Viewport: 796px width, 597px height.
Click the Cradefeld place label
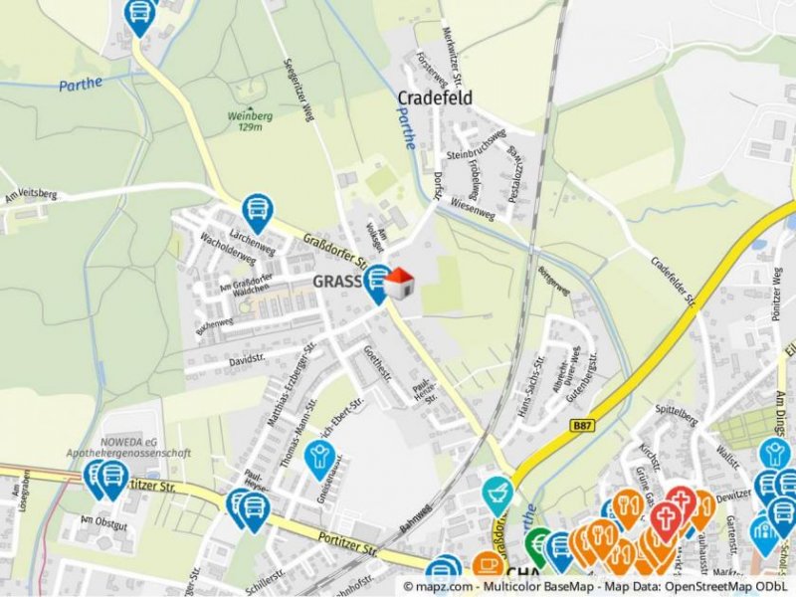pos(435,99)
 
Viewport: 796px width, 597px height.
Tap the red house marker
pos(399,284)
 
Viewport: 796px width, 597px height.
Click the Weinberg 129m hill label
pos(250,120)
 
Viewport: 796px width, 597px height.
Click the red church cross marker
pos(666,520)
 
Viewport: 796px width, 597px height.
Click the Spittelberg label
pos(677,409)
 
